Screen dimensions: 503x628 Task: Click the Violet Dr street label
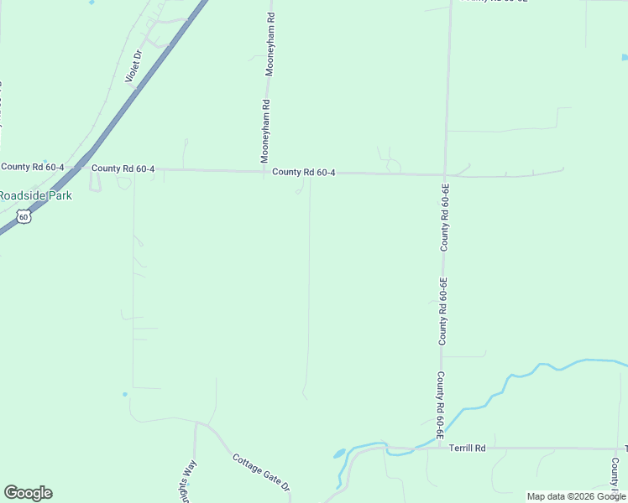tap(133, 65)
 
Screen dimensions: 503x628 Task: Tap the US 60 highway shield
tap(24, 217)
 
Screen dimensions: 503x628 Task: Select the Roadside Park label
tap(35, 195)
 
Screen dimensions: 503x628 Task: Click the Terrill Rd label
tap(468, 448)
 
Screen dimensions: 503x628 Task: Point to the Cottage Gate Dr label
tap(261, 473)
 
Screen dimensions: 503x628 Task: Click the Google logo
tap(28, 493)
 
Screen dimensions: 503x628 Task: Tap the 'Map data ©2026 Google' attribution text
tap(576, 496)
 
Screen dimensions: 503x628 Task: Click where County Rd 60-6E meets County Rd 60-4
tap(445, 174)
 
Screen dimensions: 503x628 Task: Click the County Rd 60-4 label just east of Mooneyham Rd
tap(304, 173)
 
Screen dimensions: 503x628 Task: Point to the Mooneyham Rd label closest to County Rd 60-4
tap(264, 132)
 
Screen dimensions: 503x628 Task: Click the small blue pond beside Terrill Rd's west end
tap(339, 454)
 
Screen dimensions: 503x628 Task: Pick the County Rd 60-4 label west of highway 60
tap(33, 167)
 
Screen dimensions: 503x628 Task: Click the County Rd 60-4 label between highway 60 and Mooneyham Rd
tap(123, 169)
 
